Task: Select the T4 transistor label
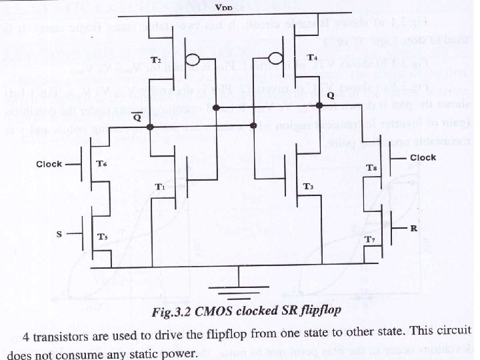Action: (311, 58)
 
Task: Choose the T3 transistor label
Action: (309, 186)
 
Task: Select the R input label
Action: (414, 229)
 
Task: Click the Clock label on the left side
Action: (49, 163)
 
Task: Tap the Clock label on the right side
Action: (423, 157)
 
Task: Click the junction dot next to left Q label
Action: (151, 126)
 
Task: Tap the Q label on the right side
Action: (331, 95)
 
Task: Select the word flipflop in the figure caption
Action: (302, 313)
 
